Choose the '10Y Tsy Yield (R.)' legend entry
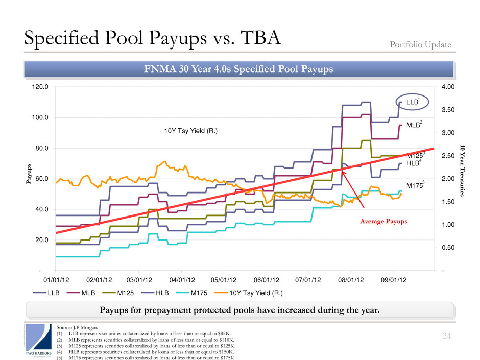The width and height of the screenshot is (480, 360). tap(249, 293)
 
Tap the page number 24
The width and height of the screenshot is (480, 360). tap(448, 335)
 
